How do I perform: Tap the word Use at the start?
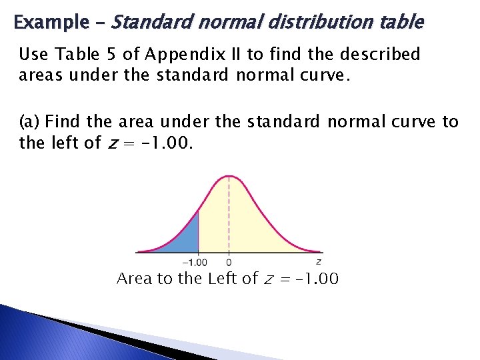(x=32, y=55)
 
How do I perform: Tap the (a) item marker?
(x=29, y=122)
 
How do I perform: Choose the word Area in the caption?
(x=134, y=278)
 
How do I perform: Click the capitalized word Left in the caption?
(x=223, y=278)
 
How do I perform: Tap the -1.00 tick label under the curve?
(x=194, y=262)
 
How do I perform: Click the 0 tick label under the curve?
(x=230, y=262)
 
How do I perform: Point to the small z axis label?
(x=319, y=261)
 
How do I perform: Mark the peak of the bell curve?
(x=230, y=176)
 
